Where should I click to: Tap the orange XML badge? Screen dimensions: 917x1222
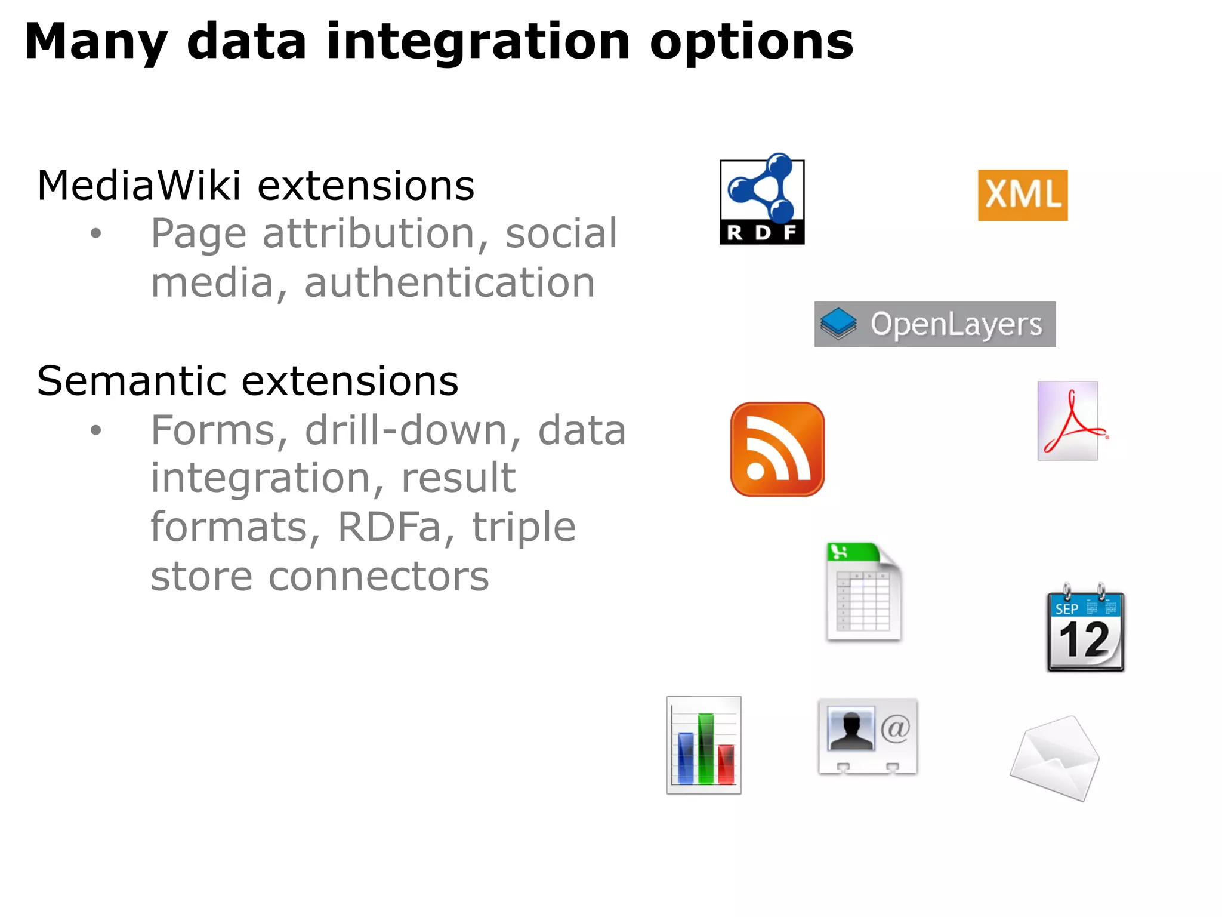1022,195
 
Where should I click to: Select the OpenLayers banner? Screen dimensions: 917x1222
934,324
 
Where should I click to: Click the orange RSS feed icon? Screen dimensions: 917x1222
777,449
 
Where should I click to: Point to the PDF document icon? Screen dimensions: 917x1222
1069,421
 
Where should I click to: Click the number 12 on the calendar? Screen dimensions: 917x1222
1084,640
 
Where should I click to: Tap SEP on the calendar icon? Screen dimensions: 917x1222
1066,609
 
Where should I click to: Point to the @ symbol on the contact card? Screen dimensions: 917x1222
895,729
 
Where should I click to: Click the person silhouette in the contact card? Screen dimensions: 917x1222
851,730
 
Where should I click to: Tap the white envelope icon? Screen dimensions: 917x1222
1055,758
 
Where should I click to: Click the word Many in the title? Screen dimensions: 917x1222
95,42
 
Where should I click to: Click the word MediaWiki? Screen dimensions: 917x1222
138,186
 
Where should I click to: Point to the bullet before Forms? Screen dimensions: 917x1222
96,430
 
